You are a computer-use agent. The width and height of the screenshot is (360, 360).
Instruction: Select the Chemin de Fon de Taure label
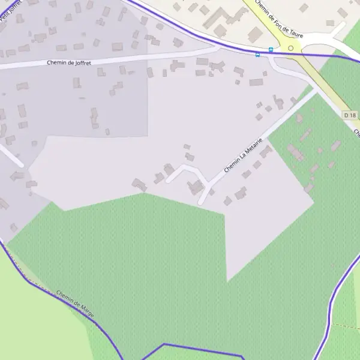[279, 19]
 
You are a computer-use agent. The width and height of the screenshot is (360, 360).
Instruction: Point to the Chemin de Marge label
[74, 305]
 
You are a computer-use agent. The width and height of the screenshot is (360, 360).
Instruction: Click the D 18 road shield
[350, 114]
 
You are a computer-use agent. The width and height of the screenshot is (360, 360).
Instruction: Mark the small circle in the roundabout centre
[291, 48]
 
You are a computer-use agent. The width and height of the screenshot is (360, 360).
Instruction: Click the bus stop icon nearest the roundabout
[271, 50]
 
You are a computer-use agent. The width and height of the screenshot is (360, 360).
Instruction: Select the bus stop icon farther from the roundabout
[258, 55]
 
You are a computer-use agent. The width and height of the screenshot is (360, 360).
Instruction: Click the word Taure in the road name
[295, 31]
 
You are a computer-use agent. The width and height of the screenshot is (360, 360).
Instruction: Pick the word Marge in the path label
[85, 313]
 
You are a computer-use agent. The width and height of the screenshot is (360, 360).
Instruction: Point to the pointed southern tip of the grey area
[227, 280]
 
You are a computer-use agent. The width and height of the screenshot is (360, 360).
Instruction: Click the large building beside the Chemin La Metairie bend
[196, 187]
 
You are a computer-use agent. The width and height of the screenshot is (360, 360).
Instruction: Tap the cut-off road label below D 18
[356, 132]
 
